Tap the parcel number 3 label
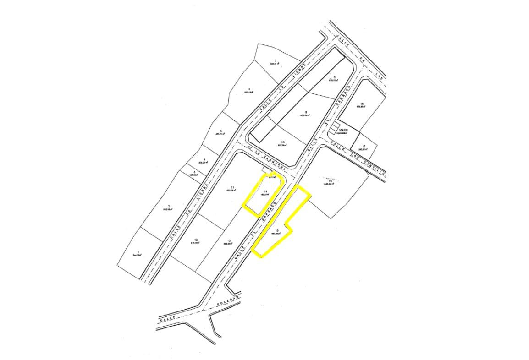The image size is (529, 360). [x=194, y=172]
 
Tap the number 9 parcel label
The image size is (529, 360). [x=306, y=112]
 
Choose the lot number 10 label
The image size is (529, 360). [x=282, y=142]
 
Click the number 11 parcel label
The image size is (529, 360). [x=233, y=187]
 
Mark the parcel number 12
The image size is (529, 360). [x=196, y=240]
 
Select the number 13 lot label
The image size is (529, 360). [x=228, y=241]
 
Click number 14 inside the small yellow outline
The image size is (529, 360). [x=266, y=191]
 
